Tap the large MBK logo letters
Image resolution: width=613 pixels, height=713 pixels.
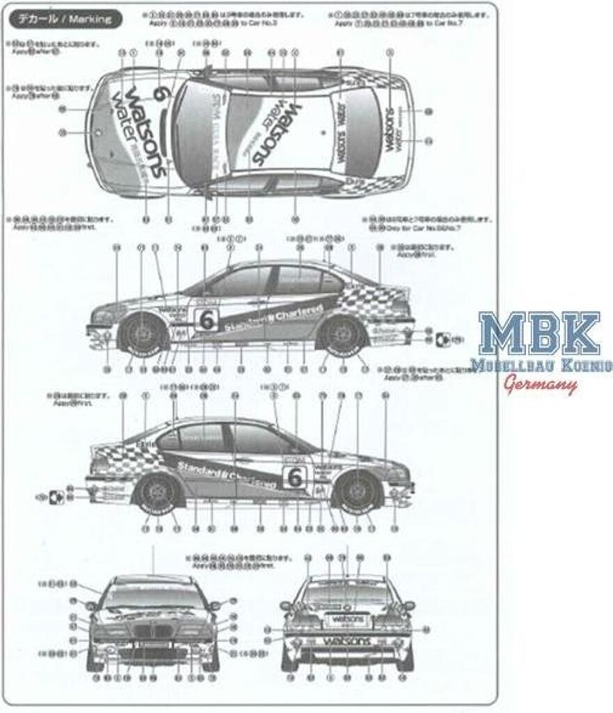(540, 335)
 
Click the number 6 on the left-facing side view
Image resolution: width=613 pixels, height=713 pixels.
(207, 320)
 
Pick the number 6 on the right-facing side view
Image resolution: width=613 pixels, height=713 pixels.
(294, 476)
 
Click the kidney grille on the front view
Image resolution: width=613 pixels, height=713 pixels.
(152, 634)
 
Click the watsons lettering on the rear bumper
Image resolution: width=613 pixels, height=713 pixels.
(346, 640)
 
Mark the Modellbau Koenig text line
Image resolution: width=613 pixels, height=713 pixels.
(540, 365)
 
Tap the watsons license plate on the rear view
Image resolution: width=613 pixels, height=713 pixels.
(347, 619)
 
